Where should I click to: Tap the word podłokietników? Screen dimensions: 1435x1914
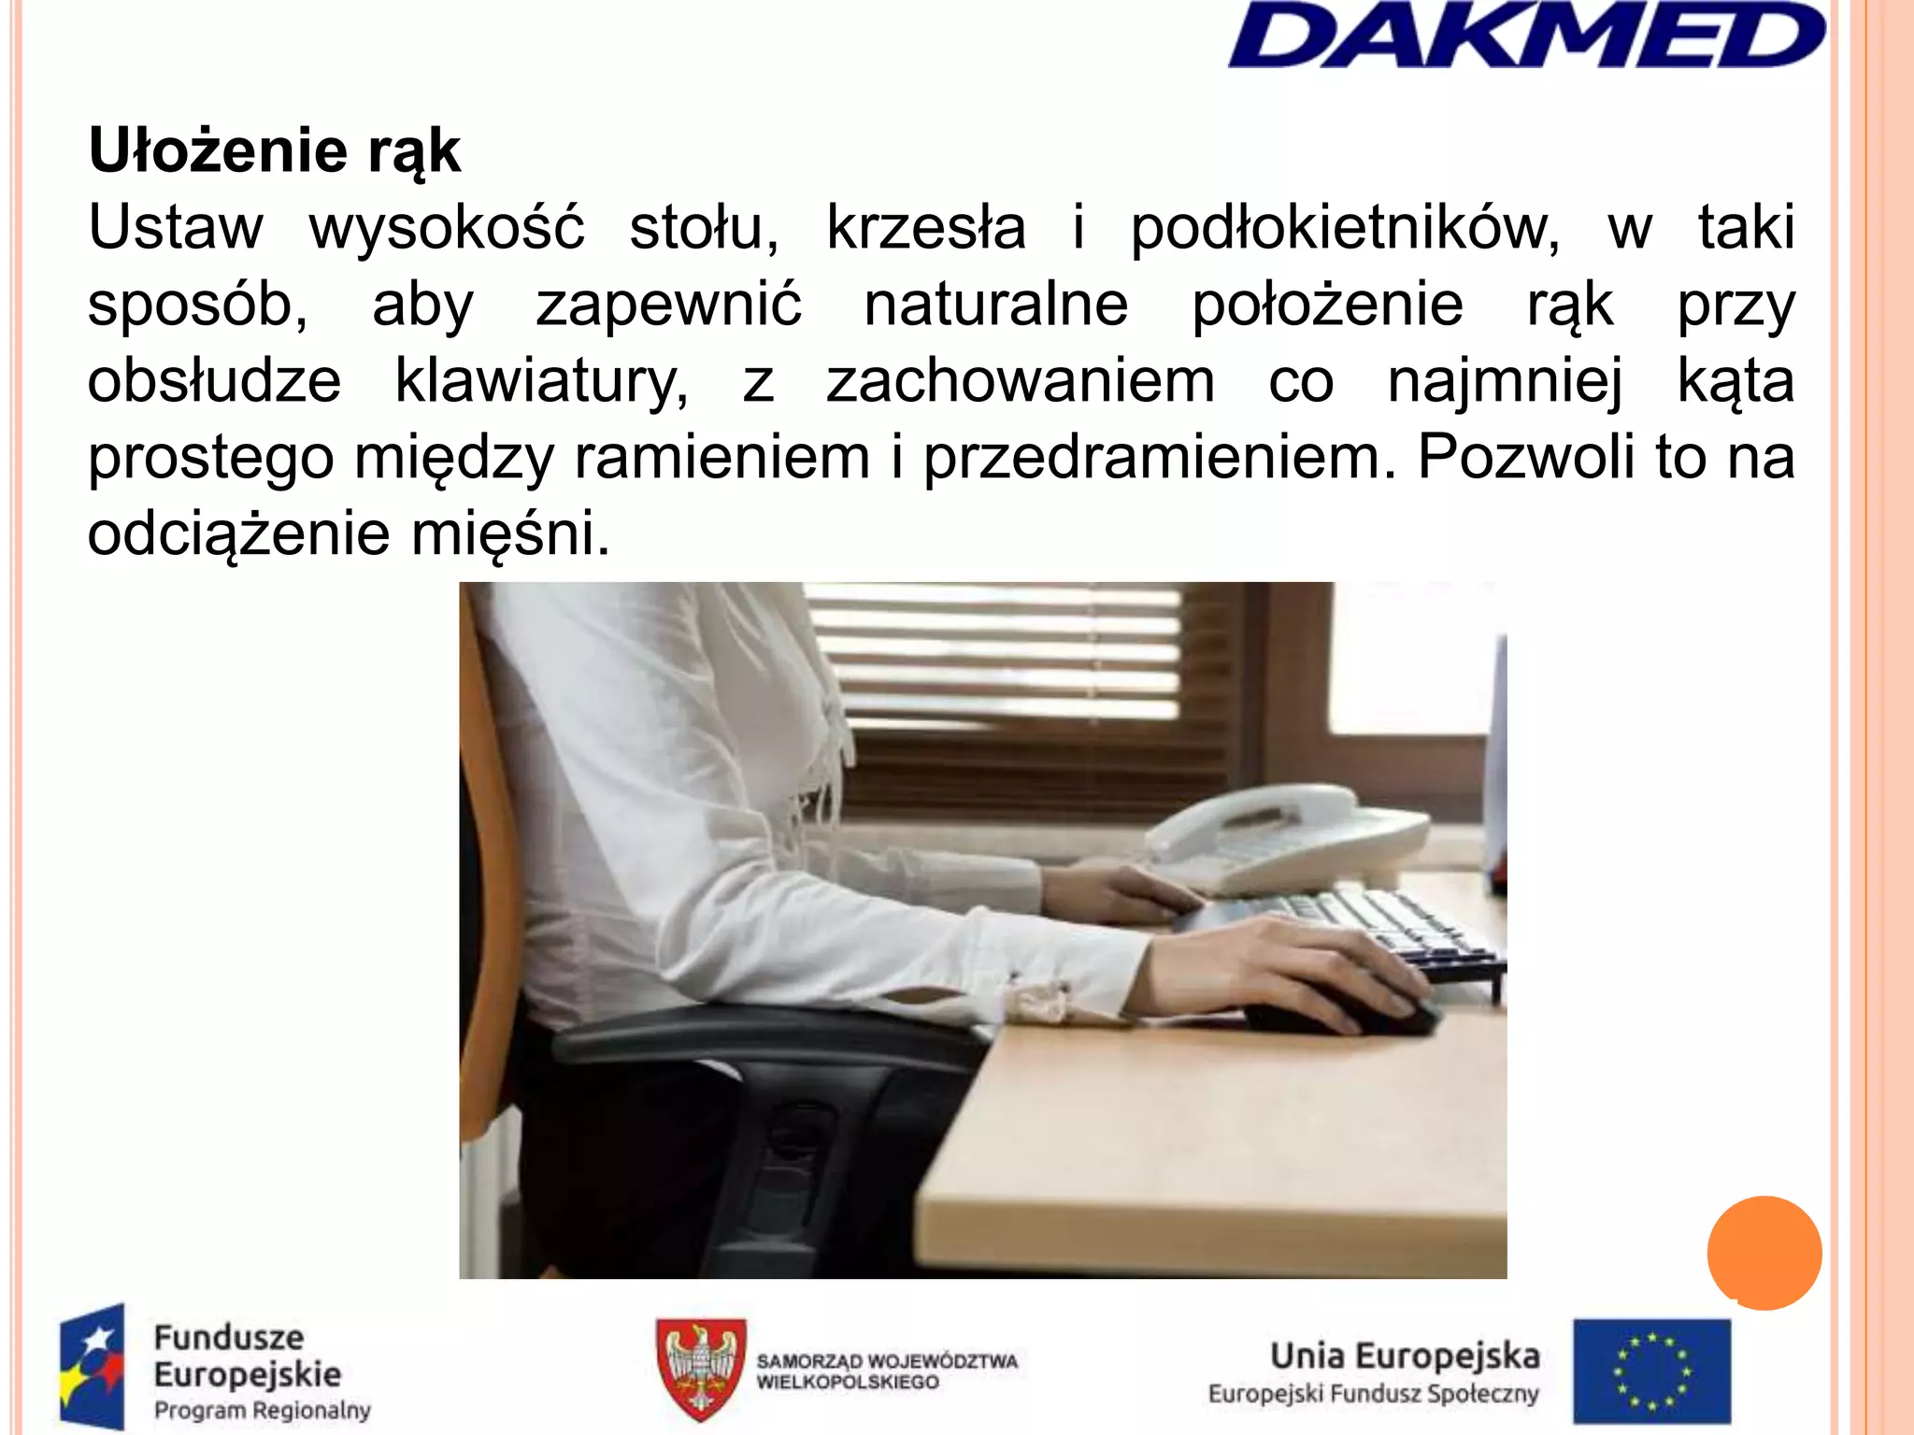coord(1344,227)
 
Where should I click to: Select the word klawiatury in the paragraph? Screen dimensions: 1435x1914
coord(542,381)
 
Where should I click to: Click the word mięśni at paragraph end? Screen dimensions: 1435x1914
coord(510,534)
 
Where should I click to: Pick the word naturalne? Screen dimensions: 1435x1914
coord(995,305)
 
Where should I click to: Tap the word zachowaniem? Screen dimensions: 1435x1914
coord(1020,381)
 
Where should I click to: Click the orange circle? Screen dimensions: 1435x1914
coord(1764,1253)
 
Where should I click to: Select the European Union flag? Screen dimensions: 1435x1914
coord(1651,1370)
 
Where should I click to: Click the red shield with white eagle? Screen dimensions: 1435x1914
coord(700,1368)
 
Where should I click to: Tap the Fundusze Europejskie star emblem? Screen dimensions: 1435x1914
coord(92,1366)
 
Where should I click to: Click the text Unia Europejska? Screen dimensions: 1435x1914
coord(1404,1356)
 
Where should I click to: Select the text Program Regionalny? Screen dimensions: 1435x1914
coord(262,1410)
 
